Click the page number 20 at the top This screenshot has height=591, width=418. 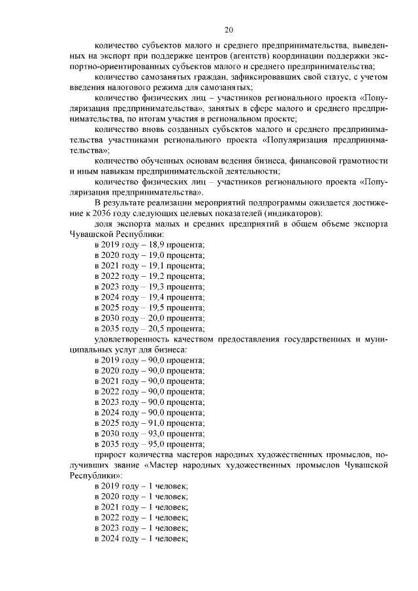[x=228, y=29]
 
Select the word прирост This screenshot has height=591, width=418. [x=108, y=455]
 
